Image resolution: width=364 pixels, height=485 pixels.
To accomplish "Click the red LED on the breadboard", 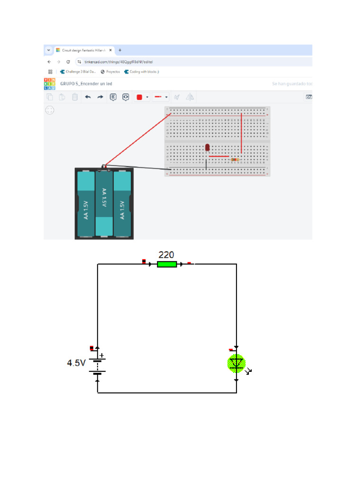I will (207, 148).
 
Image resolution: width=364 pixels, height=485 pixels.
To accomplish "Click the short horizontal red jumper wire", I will (218, 156).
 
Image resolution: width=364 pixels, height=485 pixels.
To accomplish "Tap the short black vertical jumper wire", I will (206, 164).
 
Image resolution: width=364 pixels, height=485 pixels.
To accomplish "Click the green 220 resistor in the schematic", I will (167, 264).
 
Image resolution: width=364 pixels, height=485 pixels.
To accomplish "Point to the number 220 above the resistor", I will (166, 254).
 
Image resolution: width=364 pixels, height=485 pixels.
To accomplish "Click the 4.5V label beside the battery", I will (76, 363).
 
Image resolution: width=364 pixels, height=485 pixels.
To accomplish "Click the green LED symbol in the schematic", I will (236, 363).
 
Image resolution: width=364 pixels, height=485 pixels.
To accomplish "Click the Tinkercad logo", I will (49, 84).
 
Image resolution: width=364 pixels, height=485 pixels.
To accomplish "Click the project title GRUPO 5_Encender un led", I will (86, 84).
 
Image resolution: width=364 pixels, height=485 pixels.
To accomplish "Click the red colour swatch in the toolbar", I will (139, 97).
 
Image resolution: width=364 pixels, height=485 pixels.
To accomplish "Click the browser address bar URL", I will (118, 62).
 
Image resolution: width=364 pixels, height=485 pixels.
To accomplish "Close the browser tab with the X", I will (110, 50).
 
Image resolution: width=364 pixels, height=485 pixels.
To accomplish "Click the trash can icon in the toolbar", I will (74, 97).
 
